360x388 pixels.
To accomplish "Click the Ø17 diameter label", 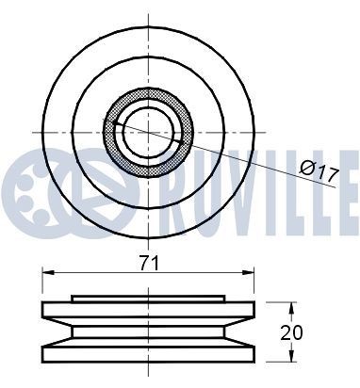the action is [x=319, y=171].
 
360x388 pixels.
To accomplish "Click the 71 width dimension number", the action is [x=150, y=263].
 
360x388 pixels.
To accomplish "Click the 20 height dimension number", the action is [x=292, y=332].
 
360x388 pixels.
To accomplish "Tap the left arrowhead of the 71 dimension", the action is [x=48, y=273].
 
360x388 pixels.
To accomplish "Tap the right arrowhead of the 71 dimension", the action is [x=248, y=273].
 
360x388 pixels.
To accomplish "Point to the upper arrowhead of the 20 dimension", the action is [x=292, y=309].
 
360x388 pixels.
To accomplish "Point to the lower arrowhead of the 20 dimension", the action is [x=292, y=356].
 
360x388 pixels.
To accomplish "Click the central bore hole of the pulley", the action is [x=148, y=133].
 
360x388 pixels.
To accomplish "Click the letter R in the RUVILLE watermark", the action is [x=178, y=193].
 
